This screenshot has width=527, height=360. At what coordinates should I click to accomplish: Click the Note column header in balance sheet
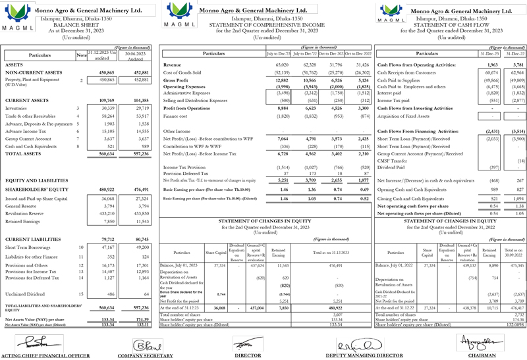pos(81,56)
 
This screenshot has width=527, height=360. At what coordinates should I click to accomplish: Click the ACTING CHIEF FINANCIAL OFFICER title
pos(46,355)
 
